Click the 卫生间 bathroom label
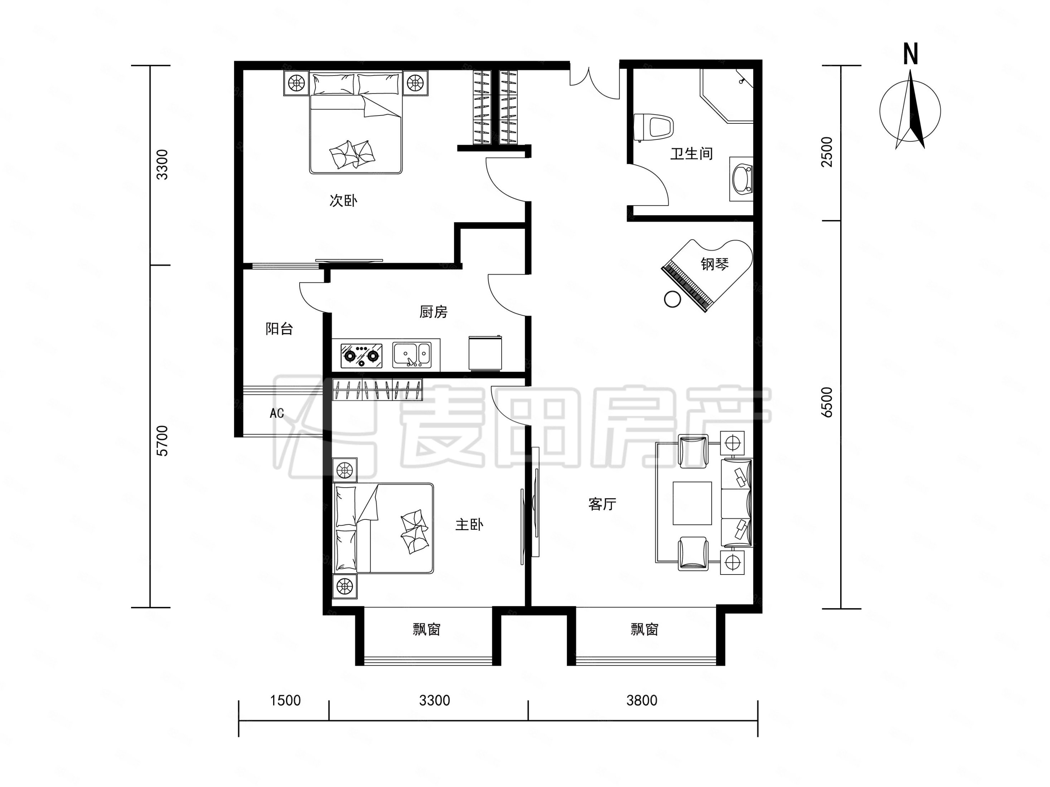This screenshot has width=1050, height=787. (691, 154)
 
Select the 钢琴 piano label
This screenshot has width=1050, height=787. (715, 264)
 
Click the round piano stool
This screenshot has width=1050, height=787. (672, 299)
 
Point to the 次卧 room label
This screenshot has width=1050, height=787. (343, 200)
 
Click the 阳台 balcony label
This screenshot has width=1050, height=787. (279, 329)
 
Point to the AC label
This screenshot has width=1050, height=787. (277, 413)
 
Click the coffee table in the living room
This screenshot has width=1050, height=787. (692, 503)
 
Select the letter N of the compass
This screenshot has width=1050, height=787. (910, 54)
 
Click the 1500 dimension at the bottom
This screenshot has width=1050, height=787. (285, 700)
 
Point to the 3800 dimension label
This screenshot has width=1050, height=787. (642, 700)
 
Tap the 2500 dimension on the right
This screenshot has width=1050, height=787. (827, 152)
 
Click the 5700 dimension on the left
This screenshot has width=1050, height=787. (162, 441)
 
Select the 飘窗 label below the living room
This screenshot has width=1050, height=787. (645, 630)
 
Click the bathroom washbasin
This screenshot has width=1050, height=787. (742, 179)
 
